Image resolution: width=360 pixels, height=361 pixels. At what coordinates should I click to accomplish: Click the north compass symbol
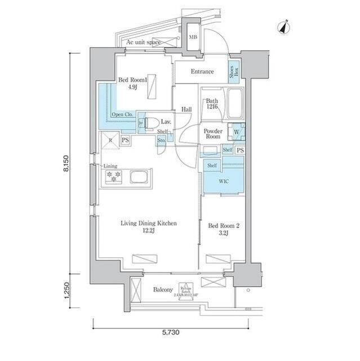pyautogui.click(x=284, y=26)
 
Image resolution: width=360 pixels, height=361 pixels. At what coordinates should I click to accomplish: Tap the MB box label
pyautogui.click(x=193, y=38)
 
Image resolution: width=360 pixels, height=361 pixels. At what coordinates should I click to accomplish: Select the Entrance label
pyautogui.click(x=202, y=72)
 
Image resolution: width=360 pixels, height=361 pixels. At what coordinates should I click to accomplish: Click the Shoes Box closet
pyautogui.click(x=233, y=72)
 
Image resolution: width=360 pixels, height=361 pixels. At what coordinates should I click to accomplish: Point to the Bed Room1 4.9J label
pyautogui.click(x=132, y=84)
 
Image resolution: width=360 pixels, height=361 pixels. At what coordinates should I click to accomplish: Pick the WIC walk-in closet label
pyautogui.click(x=224, y=180)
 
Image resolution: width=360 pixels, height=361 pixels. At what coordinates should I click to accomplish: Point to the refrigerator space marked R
pyautogui.click(x=110, y=140)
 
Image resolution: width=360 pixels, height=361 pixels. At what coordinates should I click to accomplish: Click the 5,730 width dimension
pyautogui.click(x=171, y=333)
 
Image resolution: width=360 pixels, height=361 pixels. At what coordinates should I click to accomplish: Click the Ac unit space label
pyautogui.click(x=143, y=42)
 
